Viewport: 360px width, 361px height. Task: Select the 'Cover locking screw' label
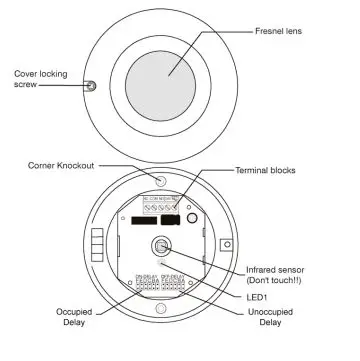38,78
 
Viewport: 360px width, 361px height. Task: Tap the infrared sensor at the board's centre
161,247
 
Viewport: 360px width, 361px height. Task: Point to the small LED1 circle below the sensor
161,265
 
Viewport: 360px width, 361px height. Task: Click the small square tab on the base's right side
229,243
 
